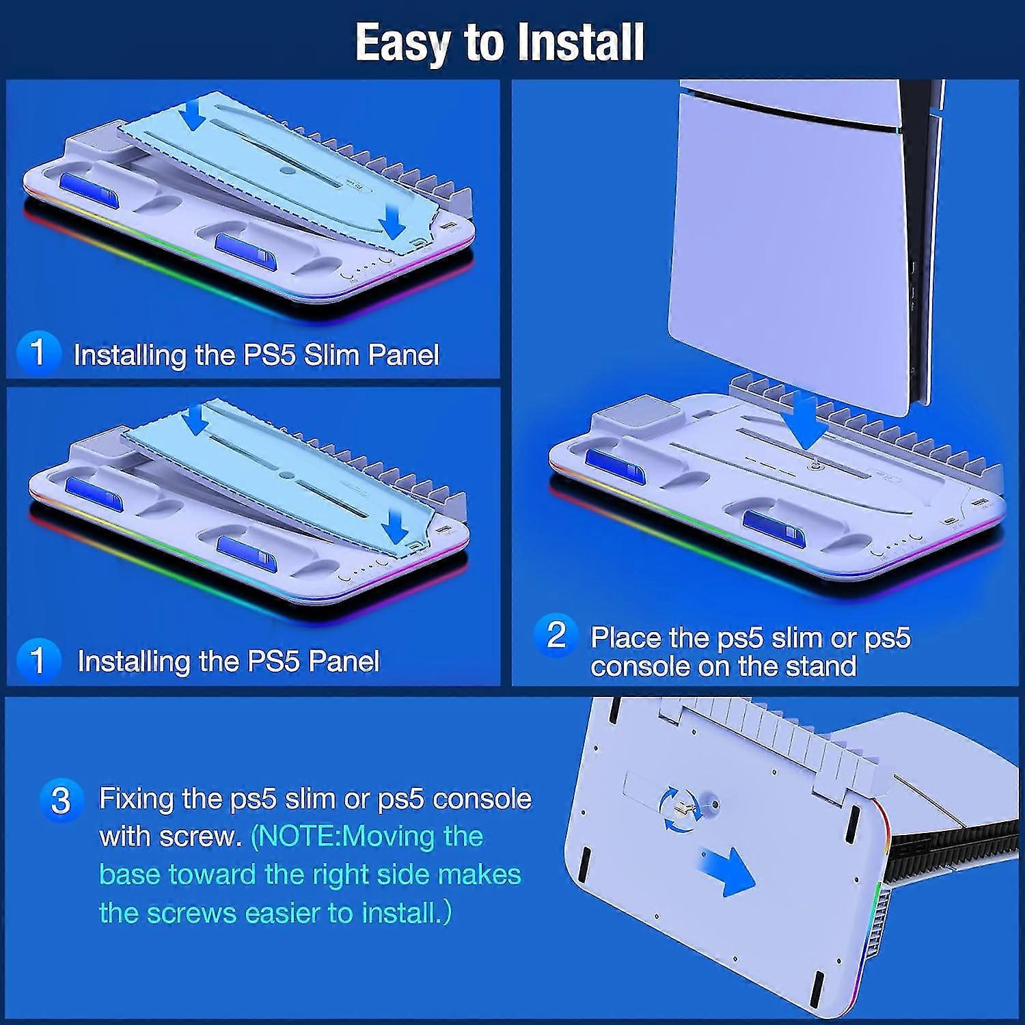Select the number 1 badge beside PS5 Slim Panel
pos(38,353)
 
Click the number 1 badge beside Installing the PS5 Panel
pos(38,660)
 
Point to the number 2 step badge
pos(556,635)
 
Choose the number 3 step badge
pos(61,800)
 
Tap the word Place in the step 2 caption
pos(626,638)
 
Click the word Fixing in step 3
pos(136,799)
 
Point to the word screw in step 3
pos(201,836)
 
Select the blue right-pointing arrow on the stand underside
pos(728,870)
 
